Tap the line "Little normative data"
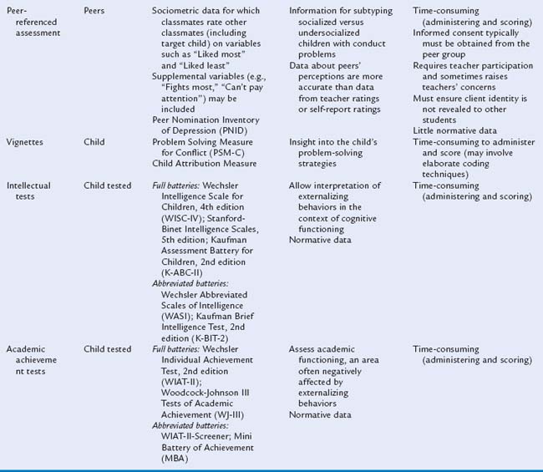click(454, 130)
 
